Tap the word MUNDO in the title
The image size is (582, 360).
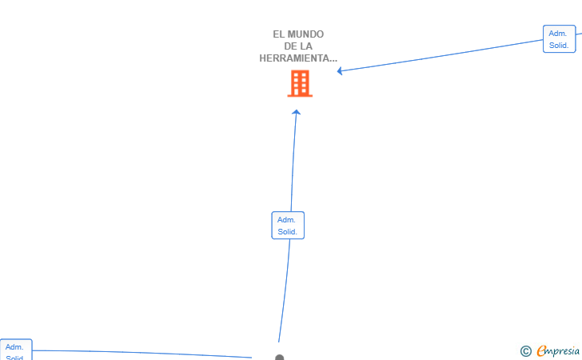point(306,34)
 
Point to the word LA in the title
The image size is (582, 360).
point(307,46)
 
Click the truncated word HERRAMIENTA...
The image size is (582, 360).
point(298,58)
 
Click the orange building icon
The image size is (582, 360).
point(300,83)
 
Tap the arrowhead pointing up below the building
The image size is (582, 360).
point(296,113)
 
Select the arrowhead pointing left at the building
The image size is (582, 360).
point(341,70)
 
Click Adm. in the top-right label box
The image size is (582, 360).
point(558,34)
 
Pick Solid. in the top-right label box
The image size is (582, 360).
point(559,46)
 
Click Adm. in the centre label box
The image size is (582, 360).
point(287,220)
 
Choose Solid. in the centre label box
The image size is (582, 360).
point(288,232)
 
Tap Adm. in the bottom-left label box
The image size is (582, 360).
point(14,347)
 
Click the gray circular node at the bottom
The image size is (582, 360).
point(279,358)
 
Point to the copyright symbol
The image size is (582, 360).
point(525,350)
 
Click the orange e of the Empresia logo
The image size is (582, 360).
point(541,350)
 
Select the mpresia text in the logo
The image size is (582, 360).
point(563,350)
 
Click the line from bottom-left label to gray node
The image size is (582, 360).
point(144,353)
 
